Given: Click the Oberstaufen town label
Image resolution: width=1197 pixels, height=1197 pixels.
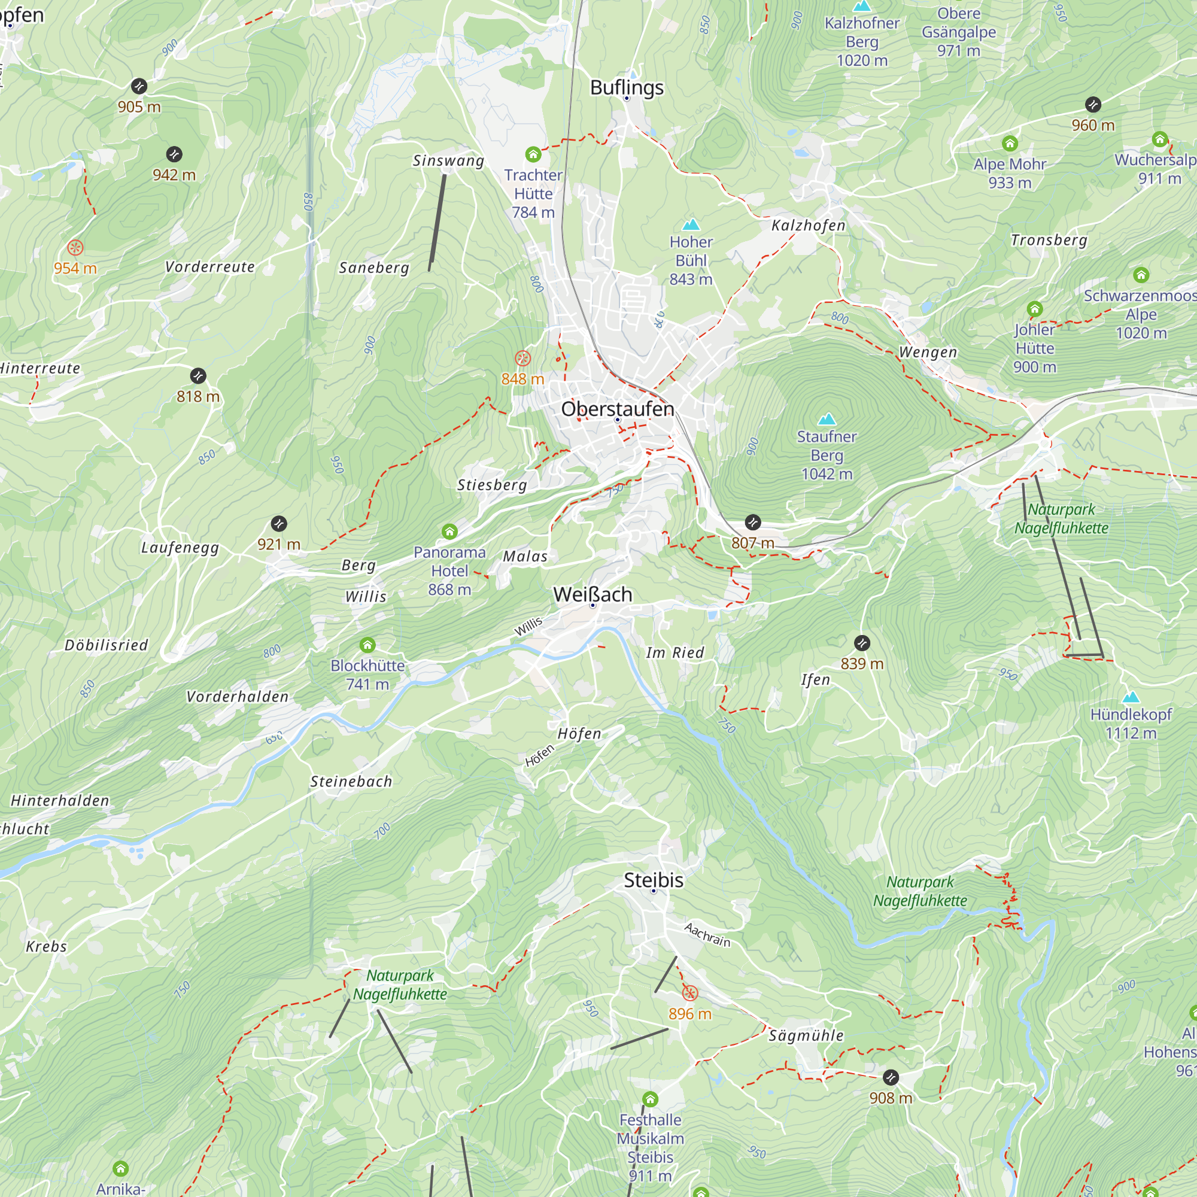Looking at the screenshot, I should (617, 409).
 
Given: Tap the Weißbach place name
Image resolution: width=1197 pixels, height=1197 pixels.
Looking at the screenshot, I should (593, 594).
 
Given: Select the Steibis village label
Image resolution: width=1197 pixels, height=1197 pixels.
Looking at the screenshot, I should (653, 880).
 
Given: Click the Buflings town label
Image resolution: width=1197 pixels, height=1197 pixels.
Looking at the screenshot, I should (627, 87).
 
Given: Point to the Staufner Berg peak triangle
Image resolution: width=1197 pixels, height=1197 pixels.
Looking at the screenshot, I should (827, 420).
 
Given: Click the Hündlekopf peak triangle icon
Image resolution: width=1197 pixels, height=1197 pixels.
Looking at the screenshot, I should (1131, 697).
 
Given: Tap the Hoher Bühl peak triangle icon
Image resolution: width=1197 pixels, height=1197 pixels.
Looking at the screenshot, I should (691, 224).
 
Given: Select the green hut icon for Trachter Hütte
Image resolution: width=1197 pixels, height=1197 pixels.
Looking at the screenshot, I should (533, 154).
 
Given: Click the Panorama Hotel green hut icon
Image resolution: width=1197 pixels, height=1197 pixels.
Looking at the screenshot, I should (449, 531).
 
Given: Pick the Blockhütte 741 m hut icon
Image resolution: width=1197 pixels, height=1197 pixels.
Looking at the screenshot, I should (367, 645).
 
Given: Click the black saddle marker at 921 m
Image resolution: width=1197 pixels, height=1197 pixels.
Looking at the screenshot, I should (279, 524).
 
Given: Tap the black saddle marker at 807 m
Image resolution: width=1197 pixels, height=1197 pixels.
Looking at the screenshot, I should (752, 522).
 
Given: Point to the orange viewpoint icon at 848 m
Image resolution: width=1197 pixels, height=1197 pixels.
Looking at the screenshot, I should (523, 358).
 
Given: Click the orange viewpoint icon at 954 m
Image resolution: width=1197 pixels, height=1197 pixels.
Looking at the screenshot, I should (75, 248).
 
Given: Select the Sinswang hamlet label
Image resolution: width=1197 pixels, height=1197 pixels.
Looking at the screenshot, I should (448, 161).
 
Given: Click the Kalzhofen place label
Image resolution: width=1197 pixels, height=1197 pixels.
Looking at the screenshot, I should (808, 226).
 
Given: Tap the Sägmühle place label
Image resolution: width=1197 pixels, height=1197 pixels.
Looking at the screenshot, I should (806, 1035).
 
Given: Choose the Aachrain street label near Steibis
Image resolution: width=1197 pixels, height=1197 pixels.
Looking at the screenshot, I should (707, 935).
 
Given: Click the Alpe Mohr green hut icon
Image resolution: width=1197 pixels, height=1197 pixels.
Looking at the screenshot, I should (1010, 144).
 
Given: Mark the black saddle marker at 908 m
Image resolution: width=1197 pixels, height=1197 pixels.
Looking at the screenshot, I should (891, 1077).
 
